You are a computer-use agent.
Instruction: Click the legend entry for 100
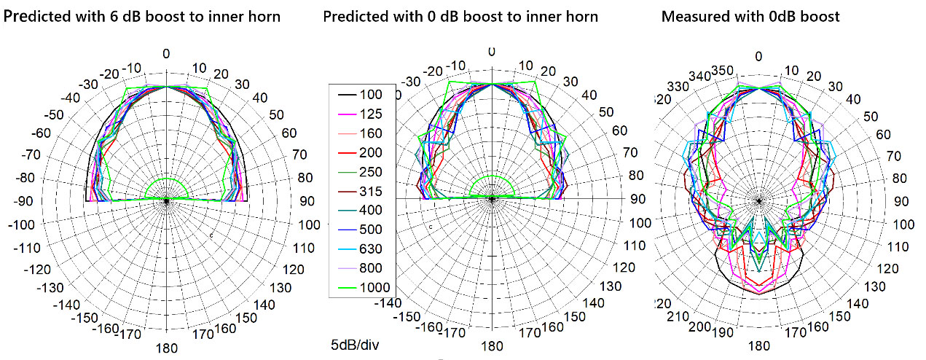370,95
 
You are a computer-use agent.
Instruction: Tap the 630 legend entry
370,249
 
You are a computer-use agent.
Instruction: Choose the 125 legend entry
370,114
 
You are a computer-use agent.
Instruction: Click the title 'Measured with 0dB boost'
750,16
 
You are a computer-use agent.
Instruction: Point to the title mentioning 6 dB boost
142,16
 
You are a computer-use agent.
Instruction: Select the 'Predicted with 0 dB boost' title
460,16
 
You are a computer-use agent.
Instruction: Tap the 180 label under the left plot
167,348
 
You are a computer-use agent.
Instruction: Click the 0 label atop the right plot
759,57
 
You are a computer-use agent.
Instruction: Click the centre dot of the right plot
759,200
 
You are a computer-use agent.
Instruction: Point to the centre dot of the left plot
167,200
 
